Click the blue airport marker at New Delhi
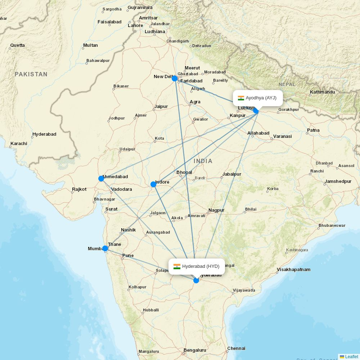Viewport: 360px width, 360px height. pos(175,78)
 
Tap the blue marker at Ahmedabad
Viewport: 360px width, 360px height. pos(101,179)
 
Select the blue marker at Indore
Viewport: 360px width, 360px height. pos(153,184)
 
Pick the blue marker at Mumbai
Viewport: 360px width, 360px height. pos(105,248)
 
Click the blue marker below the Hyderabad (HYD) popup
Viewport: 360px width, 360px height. pos(196,280)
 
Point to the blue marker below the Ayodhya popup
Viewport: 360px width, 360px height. pos(256,111)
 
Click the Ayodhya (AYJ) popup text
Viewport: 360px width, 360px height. pos(261,98)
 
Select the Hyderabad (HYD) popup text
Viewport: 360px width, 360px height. pos(201,266)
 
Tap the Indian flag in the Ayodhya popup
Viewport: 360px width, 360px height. pos(241,98)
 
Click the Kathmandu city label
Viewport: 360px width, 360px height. pos(322,92)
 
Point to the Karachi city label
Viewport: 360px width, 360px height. pos(19,144)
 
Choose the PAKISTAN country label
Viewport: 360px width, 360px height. pos(31,74)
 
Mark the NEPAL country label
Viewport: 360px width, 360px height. pos(287,84)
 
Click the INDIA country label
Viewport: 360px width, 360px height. pos(203,161)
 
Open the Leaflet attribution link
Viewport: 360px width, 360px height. pos(351,357)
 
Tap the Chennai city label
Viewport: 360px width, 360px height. pos(236,348)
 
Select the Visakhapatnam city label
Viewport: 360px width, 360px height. pos(293,270)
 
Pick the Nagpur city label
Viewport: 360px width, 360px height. pos(216,210)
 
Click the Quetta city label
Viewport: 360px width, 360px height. pos(18,45)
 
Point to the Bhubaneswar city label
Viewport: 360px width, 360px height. pos(332,226)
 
